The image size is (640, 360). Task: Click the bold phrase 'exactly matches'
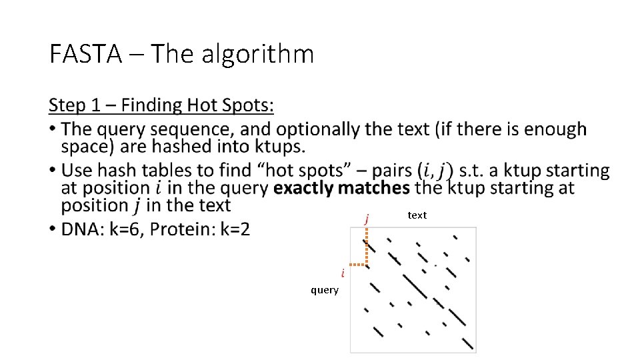tap(341, 188)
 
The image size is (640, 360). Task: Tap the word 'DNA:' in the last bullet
tap(83, 229)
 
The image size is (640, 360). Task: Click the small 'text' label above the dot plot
tap(417, 215)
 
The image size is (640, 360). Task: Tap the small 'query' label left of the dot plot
tap(325, 290)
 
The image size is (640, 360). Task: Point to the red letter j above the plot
tap(367, 218)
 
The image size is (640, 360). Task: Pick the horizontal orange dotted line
tap(358, 265)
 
